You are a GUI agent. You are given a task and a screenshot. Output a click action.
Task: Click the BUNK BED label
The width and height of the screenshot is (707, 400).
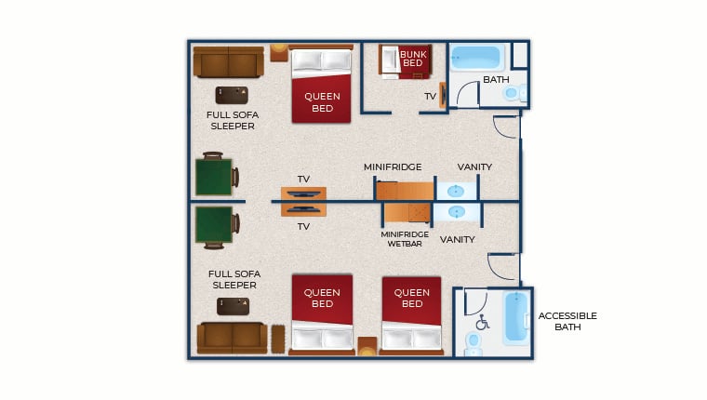click(413, 59)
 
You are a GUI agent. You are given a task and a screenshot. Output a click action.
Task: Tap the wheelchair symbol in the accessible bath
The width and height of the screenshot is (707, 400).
click(483, 322)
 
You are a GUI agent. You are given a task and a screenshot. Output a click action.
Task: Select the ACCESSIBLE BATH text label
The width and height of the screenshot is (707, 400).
click(567, 321)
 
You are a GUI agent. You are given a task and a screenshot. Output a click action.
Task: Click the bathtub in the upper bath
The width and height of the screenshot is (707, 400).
click(478, 58)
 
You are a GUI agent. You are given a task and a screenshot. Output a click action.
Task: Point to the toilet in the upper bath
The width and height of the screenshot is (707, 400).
click(515, 93)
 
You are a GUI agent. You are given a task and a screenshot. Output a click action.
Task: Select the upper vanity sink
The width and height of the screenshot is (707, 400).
click(456, 192)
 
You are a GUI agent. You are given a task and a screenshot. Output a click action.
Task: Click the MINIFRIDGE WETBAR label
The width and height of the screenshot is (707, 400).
click(405, 239)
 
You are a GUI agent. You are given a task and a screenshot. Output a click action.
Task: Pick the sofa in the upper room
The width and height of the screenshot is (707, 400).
click(229, 61)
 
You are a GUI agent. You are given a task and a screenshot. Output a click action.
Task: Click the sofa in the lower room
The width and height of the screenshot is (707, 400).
click(233, 339)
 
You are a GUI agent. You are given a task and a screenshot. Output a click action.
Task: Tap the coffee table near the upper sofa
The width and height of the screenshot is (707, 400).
click(232, 95)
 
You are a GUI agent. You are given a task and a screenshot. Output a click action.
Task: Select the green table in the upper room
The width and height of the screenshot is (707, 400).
click(214, 177)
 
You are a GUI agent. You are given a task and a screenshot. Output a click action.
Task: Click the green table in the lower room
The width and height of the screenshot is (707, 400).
click(214, 224)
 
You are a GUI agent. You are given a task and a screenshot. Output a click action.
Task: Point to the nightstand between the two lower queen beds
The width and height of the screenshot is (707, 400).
click(367, 346)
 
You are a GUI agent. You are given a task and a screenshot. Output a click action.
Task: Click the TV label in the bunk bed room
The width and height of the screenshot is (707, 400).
click(430, 97)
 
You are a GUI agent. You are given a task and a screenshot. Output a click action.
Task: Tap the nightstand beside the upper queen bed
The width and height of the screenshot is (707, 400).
click(279, 53)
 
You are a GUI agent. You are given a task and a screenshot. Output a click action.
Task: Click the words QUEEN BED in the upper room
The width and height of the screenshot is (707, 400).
click(322, 102)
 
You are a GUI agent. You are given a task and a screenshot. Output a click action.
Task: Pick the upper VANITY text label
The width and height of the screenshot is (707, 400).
click(474, 167)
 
